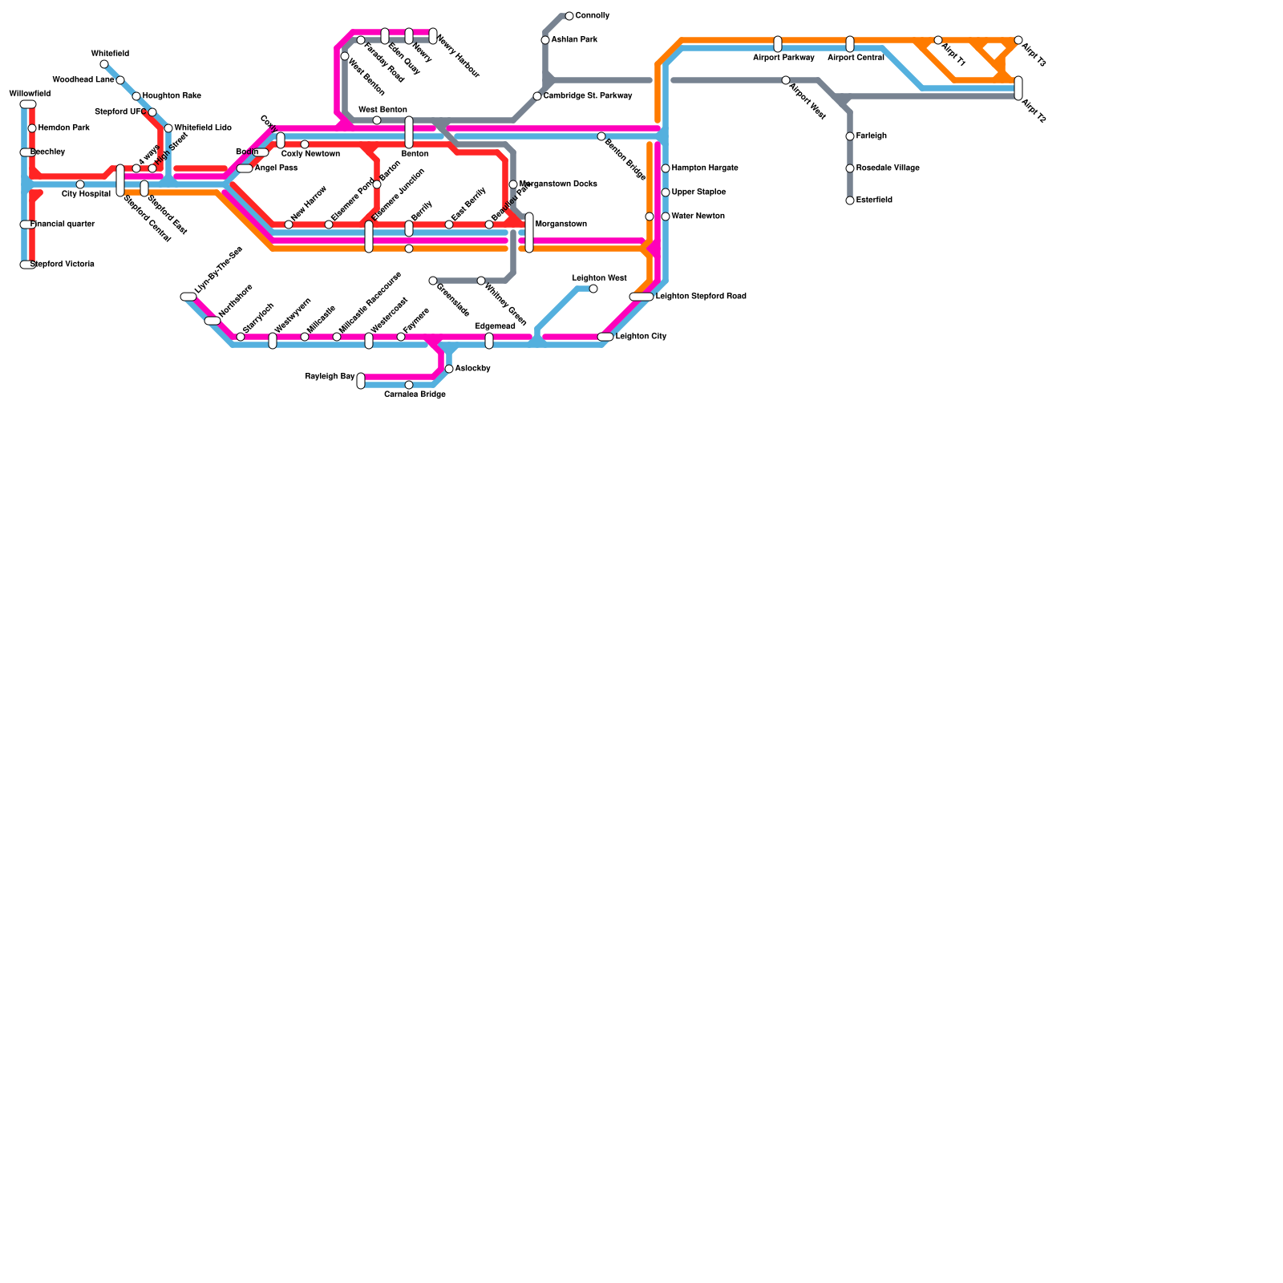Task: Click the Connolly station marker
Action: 569,16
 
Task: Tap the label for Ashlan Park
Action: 574,40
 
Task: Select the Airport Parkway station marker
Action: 778,44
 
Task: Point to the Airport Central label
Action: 856,58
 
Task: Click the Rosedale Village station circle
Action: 850,168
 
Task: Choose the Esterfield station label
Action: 874,200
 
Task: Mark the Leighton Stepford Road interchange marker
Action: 641,297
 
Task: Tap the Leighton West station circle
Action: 593,289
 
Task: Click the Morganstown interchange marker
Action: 529,233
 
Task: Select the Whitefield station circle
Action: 104,64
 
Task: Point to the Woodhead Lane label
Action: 83,80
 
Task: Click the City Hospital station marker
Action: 80,184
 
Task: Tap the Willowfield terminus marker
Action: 28,104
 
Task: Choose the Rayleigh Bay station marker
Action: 361,381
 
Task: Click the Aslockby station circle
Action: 449,369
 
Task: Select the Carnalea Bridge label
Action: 415,395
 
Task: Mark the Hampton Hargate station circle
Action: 666,168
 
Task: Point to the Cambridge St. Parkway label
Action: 588,96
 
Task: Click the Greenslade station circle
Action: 433,281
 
